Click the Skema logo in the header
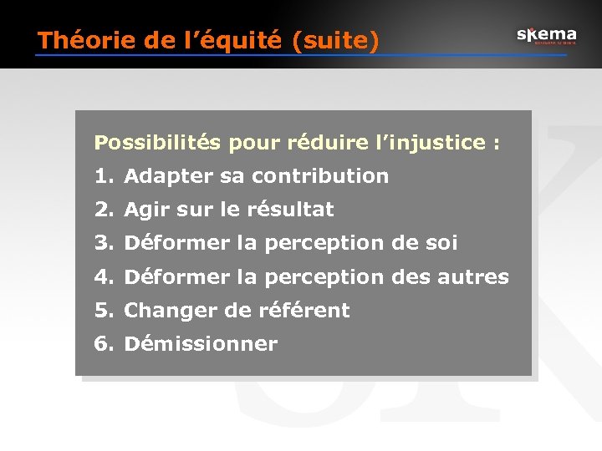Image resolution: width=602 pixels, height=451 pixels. (x=546, y=36)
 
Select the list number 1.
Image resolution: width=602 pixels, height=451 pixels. (x=102, y=176)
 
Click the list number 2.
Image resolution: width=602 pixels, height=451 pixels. (x=102, y=210)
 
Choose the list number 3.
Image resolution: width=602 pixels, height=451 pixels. (x=102, y=243)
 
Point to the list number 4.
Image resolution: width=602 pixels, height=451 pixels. (x=102, y=276)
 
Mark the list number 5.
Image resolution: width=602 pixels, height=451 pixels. (x=102, y=310)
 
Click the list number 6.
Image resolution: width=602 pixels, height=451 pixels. (x=102, y=343)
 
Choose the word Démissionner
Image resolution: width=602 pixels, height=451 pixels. (x=201, y=343)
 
